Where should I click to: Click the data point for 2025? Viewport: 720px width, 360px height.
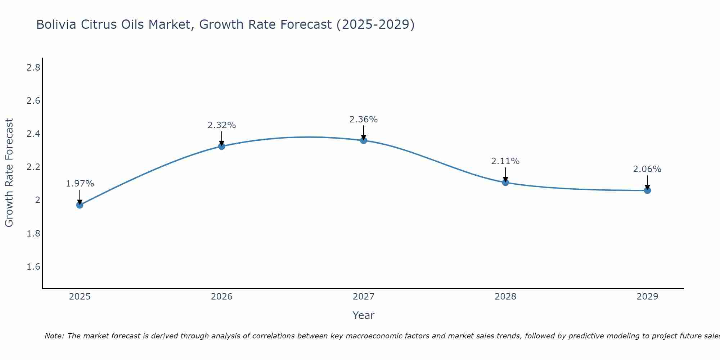click(x=80, y=205)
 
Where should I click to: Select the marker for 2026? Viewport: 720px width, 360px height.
click(x=221, y=146)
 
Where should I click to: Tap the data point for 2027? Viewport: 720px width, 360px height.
click(x=364, y=140)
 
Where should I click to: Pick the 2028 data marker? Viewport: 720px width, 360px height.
click(x=505, y=182)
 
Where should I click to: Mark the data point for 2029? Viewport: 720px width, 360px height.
click(x=647, y=190)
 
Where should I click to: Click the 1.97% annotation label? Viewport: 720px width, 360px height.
click(x=80, y=184)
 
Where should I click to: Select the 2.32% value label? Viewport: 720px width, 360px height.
click(x=221, y=125)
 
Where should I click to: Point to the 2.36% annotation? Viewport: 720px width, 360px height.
click(x=364, y=120)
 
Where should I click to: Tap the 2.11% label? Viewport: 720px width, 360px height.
click(x=505, y=161)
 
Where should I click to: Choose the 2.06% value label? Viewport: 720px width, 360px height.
click(x=647, y=169)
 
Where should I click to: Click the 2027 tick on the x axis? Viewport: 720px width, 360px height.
click(x=364, y=297)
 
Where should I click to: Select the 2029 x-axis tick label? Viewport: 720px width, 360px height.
click(x=647, y=297)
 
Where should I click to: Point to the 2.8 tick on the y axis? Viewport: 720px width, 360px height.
click(x=33, y=67)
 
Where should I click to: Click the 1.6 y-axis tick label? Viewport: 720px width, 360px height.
click(x=33, y=267)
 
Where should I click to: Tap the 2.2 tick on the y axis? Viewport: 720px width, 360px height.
click(x=33, y=167)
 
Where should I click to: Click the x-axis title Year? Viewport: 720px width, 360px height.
click(x=364, y=315)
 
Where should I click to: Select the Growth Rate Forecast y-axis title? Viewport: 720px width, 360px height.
click(x=9, y=173)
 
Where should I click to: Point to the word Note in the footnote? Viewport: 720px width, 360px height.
click(x=54, y=336)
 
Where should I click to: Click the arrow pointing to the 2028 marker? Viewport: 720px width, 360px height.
click(x=505, y=175)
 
